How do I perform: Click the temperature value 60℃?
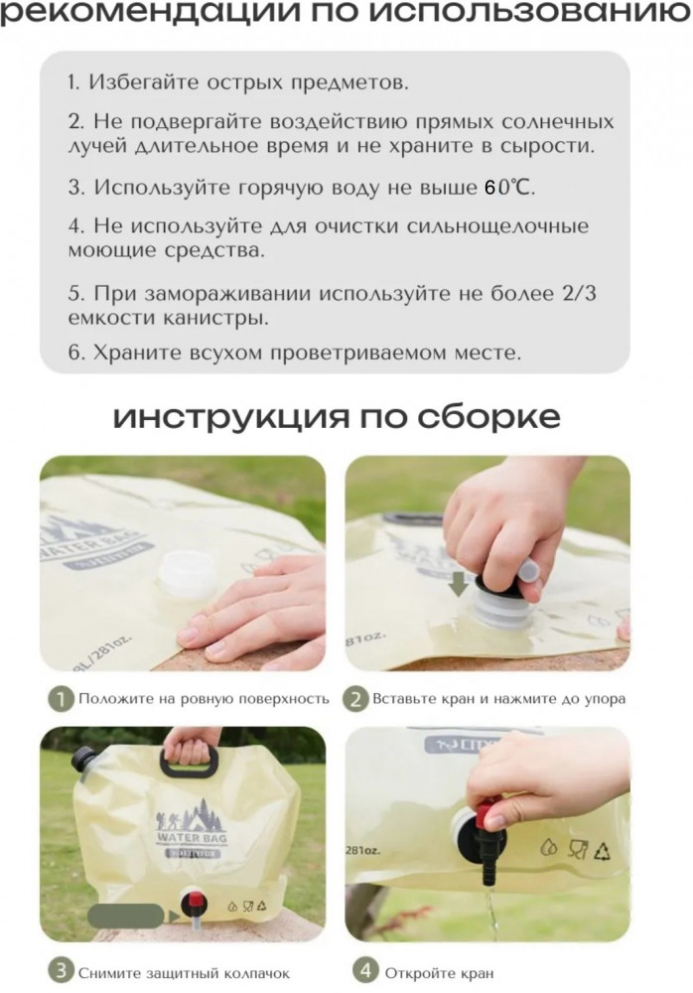(x=509, y=187)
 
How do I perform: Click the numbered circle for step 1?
(x=61, y=699)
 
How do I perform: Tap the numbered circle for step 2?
(x=354, y=699)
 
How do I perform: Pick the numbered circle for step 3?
(x=61, y=970)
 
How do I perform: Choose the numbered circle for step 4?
(x=365, y=970)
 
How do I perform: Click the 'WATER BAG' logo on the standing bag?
(x=191, y=837)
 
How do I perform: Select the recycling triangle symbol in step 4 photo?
(x=602, y=851)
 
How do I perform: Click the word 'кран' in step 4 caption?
(x=479, y=972)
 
